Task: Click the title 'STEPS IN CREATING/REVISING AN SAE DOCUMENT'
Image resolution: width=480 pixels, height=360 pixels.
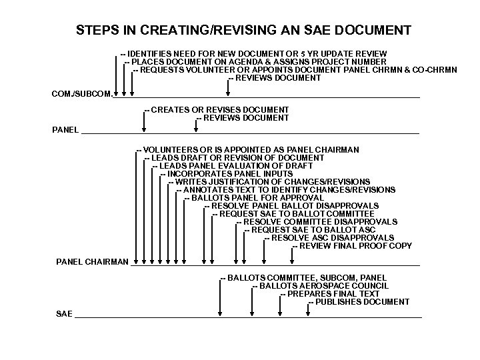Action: pyautogui.click(x=243, y=31)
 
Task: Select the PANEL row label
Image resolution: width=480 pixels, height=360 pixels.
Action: pyautogui.click(x=65, y=129)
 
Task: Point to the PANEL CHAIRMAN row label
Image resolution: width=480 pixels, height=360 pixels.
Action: pyautogui.click(x=92, y=262)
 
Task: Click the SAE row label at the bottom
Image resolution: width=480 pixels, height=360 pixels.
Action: pyautogui.click(x=64, y=313)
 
